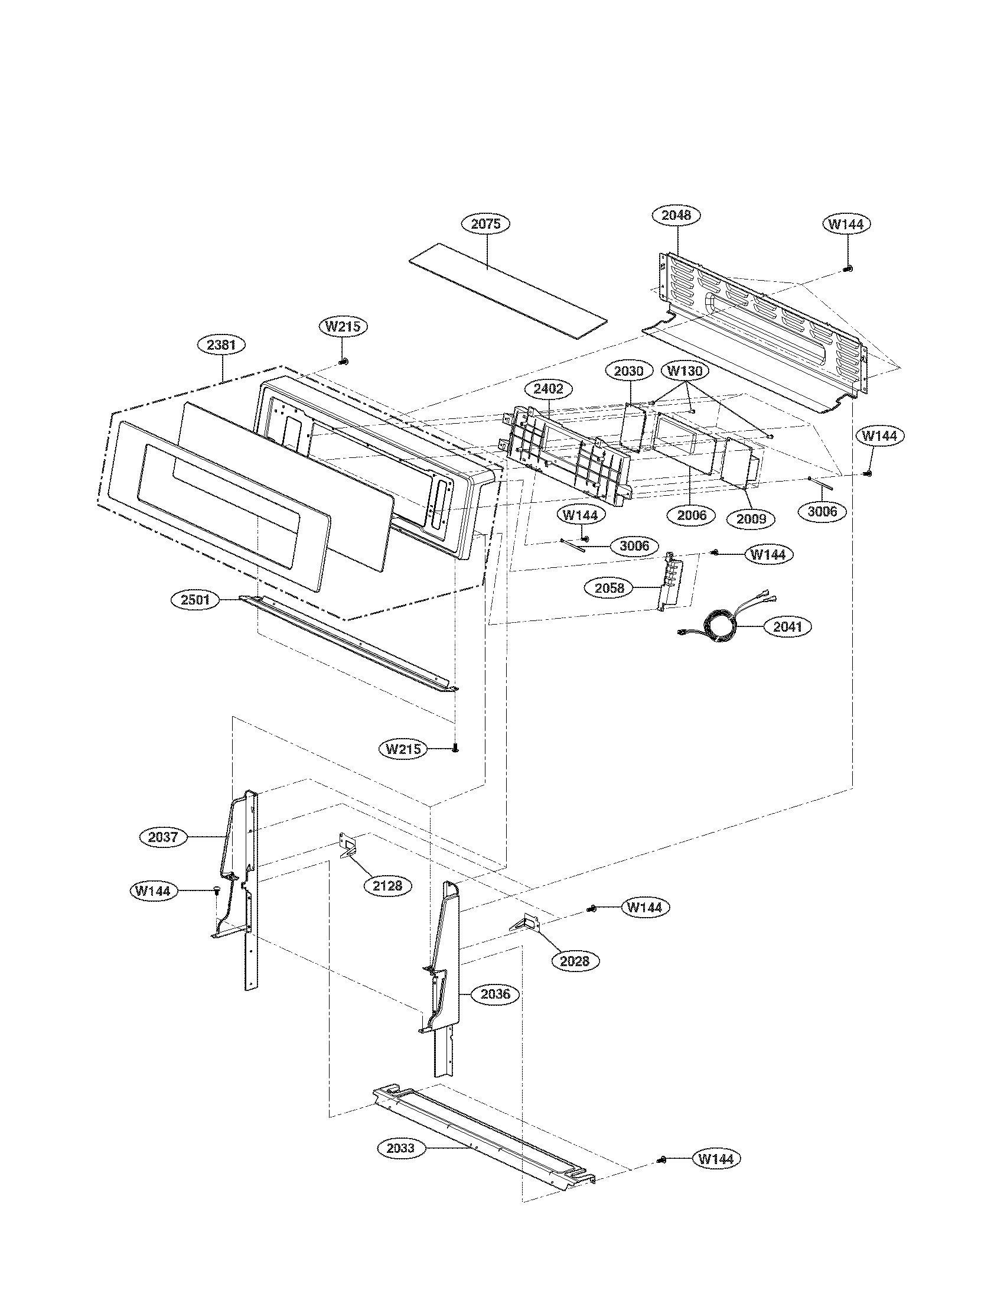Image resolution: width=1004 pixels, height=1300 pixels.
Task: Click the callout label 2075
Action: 486,224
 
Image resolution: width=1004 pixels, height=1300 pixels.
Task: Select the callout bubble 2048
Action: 676,215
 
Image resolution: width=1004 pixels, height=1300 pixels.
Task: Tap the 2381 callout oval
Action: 221,344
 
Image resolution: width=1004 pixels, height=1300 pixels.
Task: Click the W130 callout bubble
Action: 684,371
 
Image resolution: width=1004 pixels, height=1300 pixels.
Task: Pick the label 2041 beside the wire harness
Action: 787,627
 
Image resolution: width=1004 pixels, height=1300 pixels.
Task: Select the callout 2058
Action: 610,588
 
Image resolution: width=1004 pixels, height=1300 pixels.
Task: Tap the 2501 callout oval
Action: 195,599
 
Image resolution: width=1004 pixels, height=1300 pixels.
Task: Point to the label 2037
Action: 163,837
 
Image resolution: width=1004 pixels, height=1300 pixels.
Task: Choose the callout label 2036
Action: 496,994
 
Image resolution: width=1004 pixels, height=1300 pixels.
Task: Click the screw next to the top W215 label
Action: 343,361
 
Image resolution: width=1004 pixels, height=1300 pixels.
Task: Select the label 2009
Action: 751,518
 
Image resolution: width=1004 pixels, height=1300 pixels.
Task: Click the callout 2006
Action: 692,515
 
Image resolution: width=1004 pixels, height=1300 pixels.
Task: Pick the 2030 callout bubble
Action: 629,371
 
